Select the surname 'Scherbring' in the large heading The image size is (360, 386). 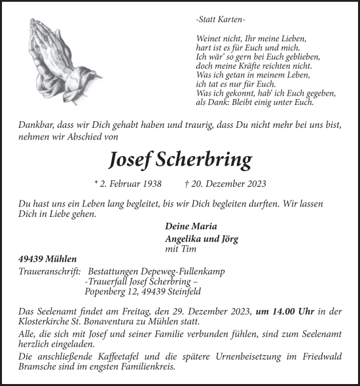pyautogui.click(x=209, y=159)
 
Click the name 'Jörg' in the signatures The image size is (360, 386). pyautogui.click(x=229, y=239)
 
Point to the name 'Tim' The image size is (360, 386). pyautogui.click(x=188, y=249)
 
